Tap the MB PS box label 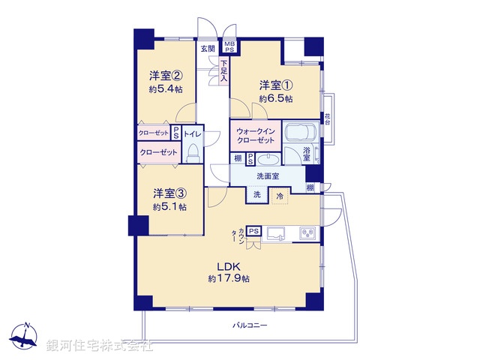click(229, 47)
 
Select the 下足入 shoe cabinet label click(223, 70)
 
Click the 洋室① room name click(275, 84)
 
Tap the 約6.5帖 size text click(275, 98)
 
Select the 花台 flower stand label click(328, 118)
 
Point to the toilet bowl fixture click(191, 154)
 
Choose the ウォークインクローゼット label click(256, 136)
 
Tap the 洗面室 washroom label click(267, 176)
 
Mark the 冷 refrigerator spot click(280, 195)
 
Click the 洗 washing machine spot click(256, 195)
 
